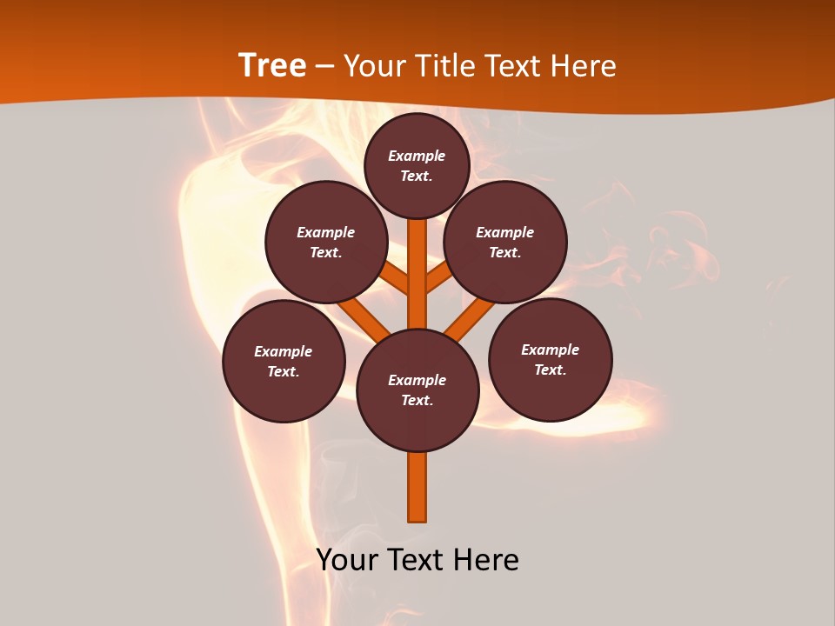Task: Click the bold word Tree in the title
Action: pyautogui.click(x=272, y=66)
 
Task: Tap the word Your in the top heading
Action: pyautogui.click(x=377, y=66)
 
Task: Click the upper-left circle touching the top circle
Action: pyautogui.click(x=326, y=243)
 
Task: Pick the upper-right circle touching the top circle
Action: pyautogui.click(x=505, y=243)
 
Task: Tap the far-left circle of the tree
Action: pyautogui.click(x=284, y=361)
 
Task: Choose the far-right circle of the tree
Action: pyautogui.click(x=551, y=359)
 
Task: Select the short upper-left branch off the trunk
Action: pyautogui.click(x=395, y=279)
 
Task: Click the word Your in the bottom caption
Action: pyautogui.click(x=347, y=560)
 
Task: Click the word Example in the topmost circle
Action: pyautogui.click(x=417, y=156)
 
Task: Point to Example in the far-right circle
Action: pyautogui.click(x=550, y=350)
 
